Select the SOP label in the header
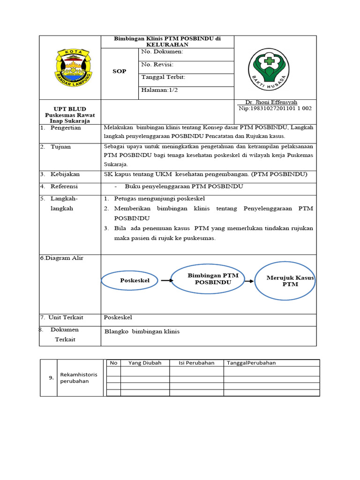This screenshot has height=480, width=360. point(120,71)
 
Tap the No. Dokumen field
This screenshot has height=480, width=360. point(162,52)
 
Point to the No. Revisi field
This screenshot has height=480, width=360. point(157,65)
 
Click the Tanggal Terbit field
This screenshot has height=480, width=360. point(163,77)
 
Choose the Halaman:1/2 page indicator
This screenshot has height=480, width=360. point(159,90)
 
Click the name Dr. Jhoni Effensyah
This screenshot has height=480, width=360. point(271,102)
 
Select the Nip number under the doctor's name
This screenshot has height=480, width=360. point(275,108)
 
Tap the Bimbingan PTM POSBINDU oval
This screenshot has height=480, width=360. point(213,279)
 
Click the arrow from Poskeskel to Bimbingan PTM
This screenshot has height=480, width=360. point(166,280)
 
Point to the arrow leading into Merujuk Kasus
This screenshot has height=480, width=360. point(249,281)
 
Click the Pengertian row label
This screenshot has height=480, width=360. point(66,127)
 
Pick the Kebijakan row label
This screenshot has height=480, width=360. point(65,174)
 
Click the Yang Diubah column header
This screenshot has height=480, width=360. point(145,363)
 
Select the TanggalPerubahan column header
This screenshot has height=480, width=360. point(251,363)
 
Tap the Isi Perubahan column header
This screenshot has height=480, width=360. point(196,363)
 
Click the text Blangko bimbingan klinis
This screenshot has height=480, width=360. point(142,331)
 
